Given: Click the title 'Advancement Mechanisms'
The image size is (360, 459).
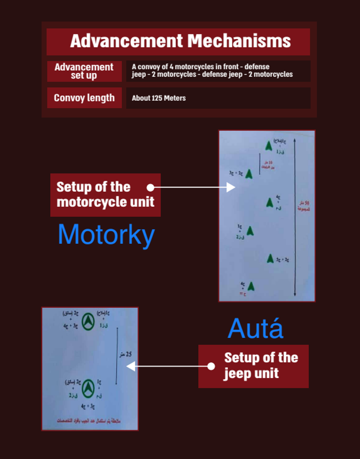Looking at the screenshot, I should coord(180,41).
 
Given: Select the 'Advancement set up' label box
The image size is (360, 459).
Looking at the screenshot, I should coord(84,71).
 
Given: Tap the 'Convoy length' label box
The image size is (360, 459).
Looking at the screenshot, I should coord(84,98).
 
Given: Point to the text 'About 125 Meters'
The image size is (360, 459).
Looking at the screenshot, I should coord(159,98).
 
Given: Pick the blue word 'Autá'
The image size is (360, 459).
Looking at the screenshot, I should coord(256,328).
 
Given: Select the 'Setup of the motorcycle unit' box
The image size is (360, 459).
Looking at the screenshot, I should coord(105,195).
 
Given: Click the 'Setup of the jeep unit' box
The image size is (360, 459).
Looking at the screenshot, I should coord(253,366).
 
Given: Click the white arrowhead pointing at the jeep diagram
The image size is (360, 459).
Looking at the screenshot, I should coord(131,366).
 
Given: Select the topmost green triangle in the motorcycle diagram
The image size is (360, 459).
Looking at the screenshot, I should coord(269,146).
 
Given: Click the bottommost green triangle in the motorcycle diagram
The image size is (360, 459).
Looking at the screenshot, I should coord(251,286).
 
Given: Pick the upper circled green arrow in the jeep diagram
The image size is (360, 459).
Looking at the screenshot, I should coord(88,321).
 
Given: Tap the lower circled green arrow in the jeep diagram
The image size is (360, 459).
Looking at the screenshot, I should coord(88,388).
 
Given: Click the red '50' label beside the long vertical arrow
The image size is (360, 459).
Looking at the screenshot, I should coord(306,203).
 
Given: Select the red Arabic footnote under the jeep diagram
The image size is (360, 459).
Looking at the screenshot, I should coord(89,420).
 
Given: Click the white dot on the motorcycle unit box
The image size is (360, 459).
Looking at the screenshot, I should coord(150,187).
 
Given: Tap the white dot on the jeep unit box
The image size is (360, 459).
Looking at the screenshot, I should coord(211,366).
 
